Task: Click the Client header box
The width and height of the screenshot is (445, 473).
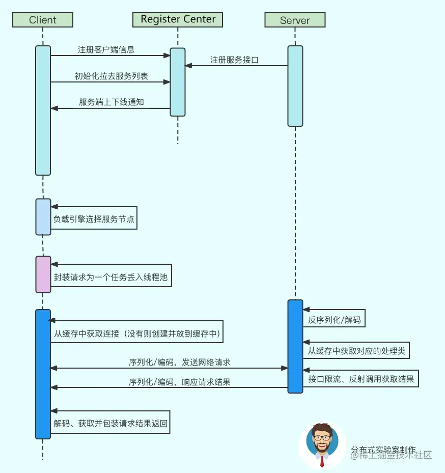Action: point(43,20)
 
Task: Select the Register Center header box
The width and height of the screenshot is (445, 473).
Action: point(178,19)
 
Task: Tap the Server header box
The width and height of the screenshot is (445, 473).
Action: point(295,20)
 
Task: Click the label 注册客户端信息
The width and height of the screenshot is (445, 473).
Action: point(106,50)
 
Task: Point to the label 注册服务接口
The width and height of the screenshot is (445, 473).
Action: point(234,60)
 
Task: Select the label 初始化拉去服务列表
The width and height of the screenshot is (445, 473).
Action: point(111,76)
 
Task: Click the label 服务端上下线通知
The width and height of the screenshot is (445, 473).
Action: point(111,102)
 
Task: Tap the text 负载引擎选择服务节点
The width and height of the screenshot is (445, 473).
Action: point(94,220)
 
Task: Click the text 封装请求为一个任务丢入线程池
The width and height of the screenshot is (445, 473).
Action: point(110,278)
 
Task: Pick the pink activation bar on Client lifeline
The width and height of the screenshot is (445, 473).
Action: point(43,274)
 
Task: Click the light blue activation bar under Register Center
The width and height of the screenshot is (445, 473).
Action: point(178,82)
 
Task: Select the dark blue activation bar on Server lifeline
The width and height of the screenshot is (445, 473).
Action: point(295,346)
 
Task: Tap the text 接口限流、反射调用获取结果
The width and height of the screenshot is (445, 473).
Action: point(361,379)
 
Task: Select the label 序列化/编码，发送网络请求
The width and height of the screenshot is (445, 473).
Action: point(179,363)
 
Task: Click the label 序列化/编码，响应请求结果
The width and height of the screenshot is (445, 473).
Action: point(179,382)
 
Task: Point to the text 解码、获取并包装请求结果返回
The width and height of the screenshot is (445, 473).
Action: point(110,423)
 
